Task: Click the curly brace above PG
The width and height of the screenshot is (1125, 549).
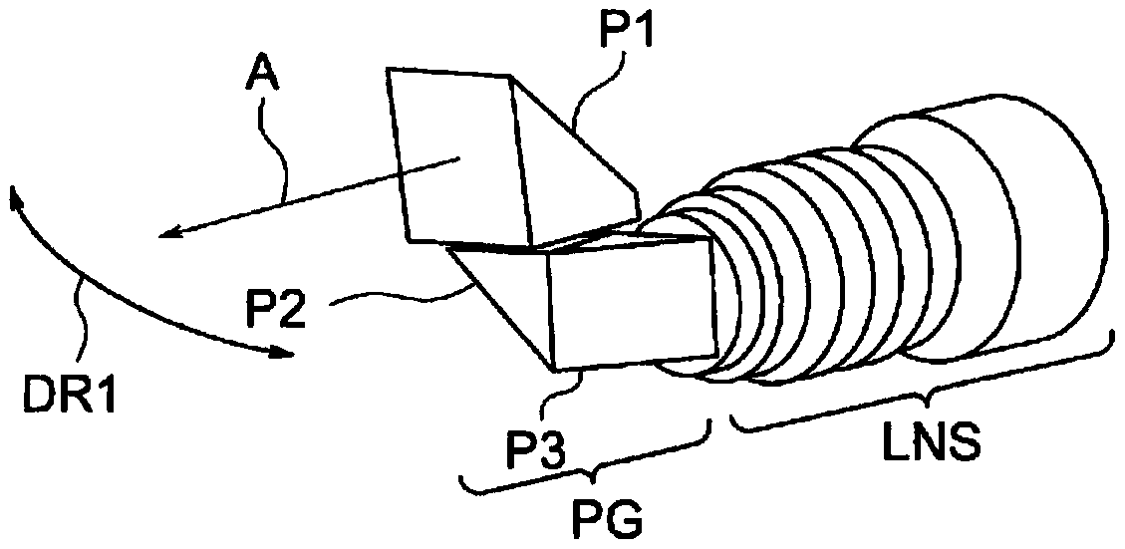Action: coord(587,458)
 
